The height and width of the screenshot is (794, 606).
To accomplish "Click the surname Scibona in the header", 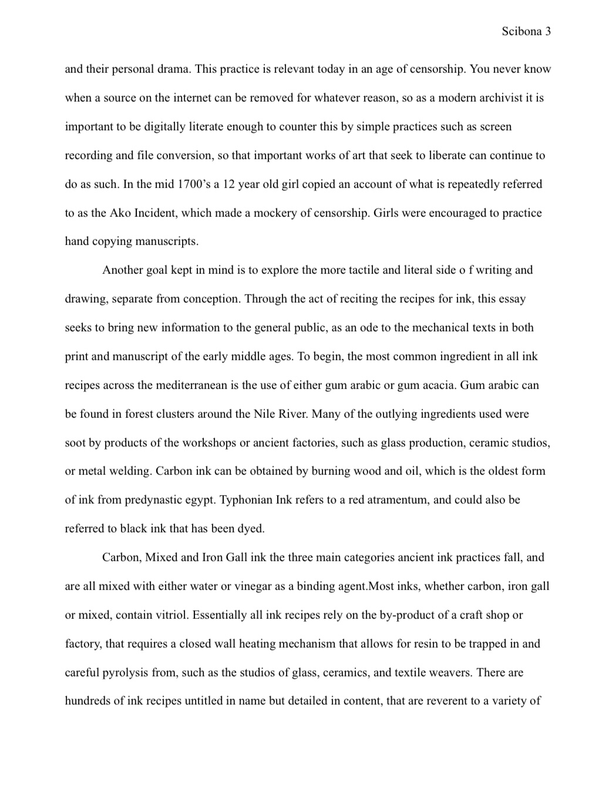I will pyautogui.click(x=521, y=32).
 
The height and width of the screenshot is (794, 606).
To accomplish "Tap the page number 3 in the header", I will pyautogui.click(x=548, y=32).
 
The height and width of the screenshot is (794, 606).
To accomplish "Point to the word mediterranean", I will pyautogui.click(x=188, y=386).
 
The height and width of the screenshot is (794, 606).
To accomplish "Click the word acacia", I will pyautogui.click(x=437, y=386).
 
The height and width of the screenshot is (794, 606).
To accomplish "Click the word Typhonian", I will pyautogui.click(x=246, y=500).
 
